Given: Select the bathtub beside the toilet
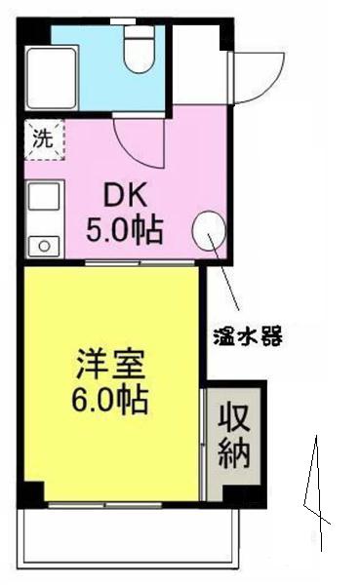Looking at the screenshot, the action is pyautogui.click(x=52, y=78).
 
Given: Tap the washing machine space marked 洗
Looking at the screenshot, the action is pyautogui.click(x=45, y=139).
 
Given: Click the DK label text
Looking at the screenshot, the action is pyautogui.click(x=125, y=196).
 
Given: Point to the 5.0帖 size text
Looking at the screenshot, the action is pyautogui.click(x=124, y=230).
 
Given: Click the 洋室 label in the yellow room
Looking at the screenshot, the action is pyautogui.click(x=110, y=365).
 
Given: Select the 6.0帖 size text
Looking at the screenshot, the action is pyautogui.click(x=110, y=401).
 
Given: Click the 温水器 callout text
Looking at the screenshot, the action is pyautogui.click(x=248, y=336).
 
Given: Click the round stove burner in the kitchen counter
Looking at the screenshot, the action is pyautogui.click(x=45, y=246).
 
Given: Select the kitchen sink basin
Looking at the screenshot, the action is pyautogui.click(x=45, y=197).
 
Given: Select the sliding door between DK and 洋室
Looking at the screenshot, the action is pyautogui.click(x=140, y=262).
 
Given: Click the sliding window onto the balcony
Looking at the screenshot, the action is pyautogui.click(x=105, y=505).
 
